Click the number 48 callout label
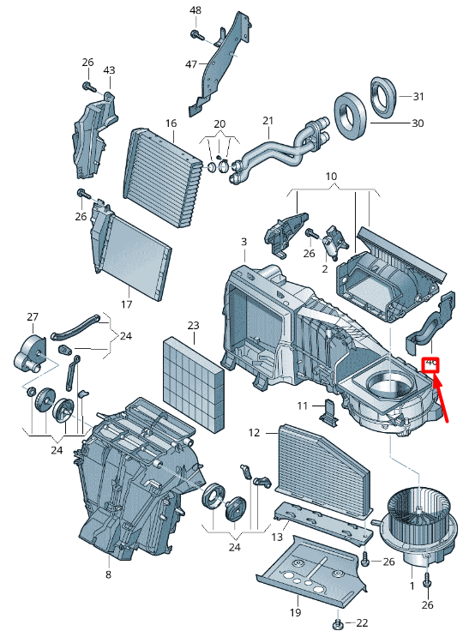point(195,9)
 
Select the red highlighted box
point(431,365)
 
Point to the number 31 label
point(418,96)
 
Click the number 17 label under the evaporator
point(126,303)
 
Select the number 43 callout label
point(109,69)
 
